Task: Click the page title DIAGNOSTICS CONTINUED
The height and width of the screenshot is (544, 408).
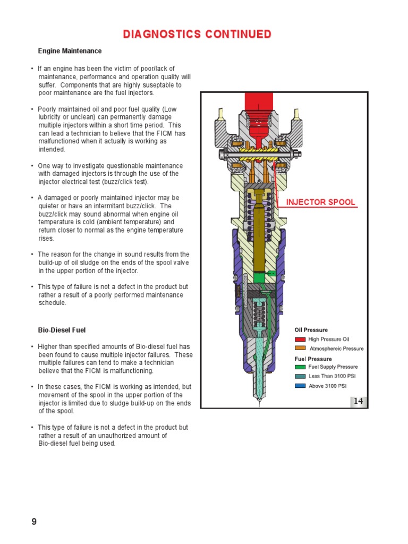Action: (197, 35)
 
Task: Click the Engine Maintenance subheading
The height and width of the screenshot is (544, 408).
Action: (70, 51)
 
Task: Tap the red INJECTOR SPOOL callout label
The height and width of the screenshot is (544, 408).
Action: (321, 202)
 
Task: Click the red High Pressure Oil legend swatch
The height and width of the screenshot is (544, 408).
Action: (300, 339)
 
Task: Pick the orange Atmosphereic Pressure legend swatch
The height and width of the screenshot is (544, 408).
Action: (300, 348)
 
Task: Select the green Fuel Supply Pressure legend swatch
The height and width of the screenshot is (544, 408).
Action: (300, 367)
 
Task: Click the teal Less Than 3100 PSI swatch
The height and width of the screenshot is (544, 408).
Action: (300, 376)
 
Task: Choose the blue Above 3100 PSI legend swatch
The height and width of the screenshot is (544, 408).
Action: (300, 386)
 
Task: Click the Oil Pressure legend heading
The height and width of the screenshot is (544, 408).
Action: (311, 330)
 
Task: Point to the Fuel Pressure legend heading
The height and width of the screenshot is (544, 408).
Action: (313, 359)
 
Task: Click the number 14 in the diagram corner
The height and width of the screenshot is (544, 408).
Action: (359, 401)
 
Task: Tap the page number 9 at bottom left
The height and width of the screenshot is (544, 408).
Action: (34, 522)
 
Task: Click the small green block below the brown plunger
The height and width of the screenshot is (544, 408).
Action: (259, 277)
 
